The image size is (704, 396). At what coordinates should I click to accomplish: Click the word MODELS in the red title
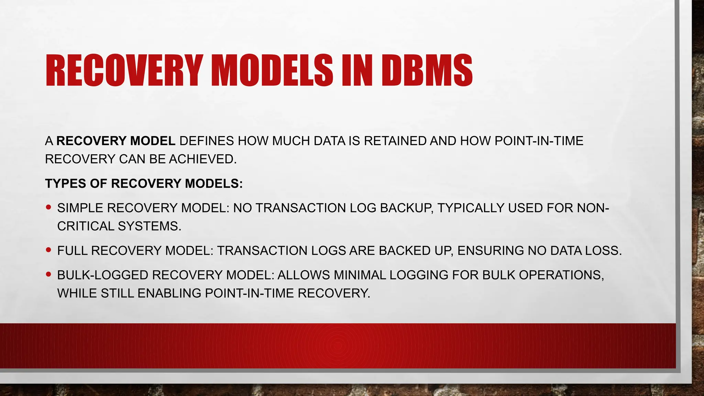tap(271, 71)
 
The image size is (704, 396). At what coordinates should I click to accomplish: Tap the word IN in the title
tap(357, 71)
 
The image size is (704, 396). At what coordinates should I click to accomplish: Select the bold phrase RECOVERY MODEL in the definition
tap(116, 141)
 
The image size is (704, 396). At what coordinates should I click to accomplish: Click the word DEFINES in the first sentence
tap(206, 141)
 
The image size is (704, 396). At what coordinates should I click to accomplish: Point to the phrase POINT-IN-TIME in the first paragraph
tap(539, 141)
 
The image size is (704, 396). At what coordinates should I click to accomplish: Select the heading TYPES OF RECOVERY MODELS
tap(144, 184)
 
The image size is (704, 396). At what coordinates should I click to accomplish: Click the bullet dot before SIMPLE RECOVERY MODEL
tap(48, 207)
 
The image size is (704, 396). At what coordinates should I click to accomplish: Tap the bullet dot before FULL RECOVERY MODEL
tap(48, 250)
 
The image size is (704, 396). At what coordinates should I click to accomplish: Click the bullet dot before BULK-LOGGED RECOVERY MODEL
tap(48, 274)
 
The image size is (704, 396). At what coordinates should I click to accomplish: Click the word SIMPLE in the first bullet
tap(80, 208)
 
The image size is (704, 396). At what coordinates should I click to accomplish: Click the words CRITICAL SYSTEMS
tap(119, 226)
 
